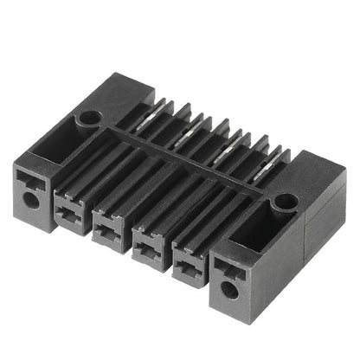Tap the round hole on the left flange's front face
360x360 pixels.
pos(31,199)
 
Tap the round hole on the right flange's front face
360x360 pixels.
pos(228,288)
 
